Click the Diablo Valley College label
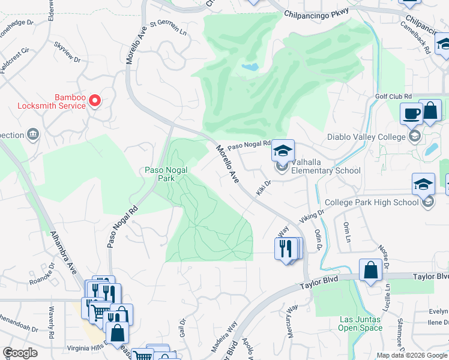point(366,137)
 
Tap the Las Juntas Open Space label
point(360,323)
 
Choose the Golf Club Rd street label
point(393,97)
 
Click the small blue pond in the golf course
point(250,67)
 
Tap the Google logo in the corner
point(20,353)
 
